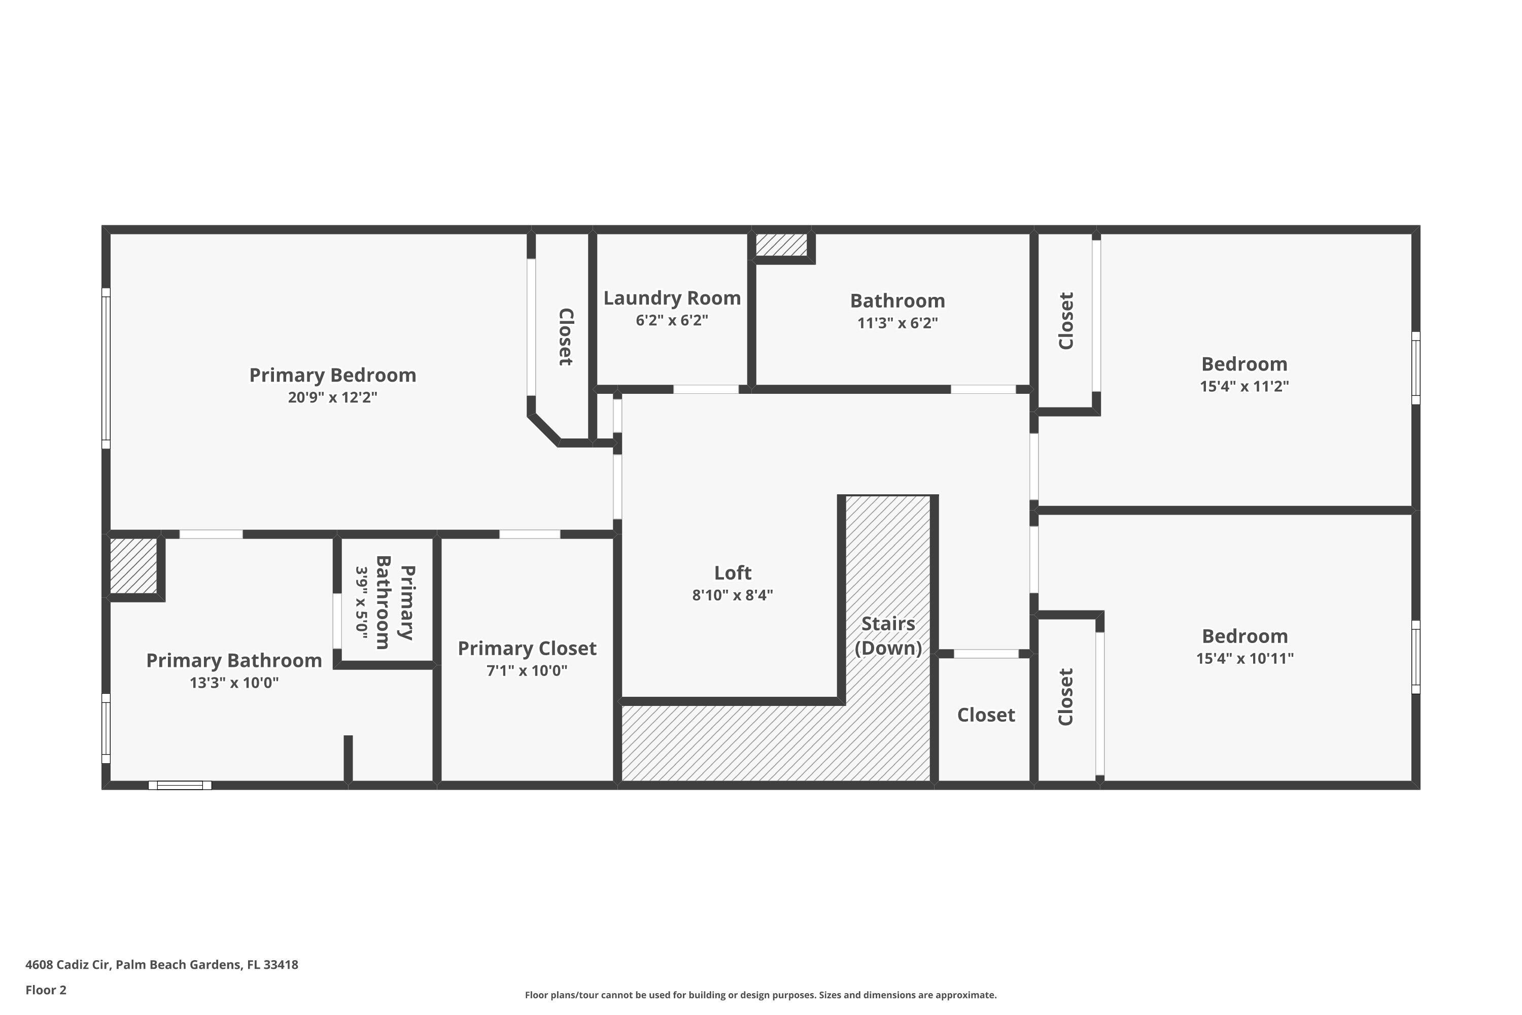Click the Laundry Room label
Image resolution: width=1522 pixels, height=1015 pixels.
coord(672,298)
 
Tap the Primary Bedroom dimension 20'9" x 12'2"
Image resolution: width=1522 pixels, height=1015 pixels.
coord(333,397)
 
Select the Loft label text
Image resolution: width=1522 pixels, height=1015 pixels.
coord(733,573)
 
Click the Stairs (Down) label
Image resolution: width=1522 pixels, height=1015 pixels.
coord(888,636)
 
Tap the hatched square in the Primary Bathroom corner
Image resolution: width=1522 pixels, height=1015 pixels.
coord(133,566)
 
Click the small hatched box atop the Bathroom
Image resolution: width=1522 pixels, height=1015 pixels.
coord(782,245)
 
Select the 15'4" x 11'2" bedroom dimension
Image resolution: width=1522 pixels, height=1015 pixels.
coord(1244,386)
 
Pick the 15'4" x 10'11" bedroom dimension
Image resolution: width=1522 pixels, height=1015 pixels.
coord(1244,658)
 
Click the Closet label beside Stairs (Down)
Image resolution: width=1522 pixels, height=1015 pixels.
coord(986,715)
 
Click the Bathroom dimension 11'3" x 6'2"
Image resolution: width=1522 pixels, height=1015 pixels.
coord(897,322)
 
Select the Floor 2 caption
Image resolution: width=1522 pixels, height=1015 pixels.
coord(46,990)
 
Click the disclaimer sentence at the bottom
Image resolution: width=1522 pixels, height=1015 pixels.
coord(760,995)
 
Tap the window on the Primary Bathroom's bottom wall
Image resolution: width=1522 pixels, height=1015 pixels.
coord(180,785)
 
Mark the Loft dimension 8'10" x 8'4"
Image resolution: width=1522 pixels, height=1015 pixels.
coord(733,595)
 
